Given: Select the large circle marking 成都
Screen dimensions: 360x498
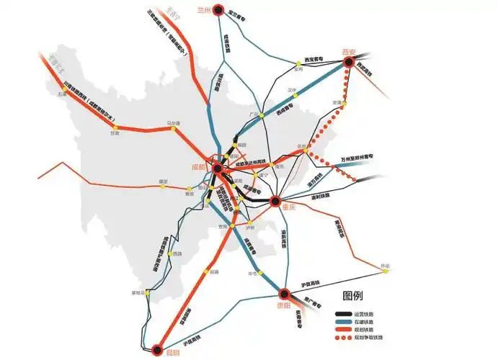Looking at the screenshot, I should pyautogui.click(x=216, y=168).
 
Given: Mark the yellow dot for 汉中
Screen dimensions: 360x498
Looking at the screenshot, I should pyautogui.click(x=292, y=96).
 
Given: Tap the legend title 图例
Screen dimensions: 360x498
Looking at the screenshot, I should pyautogui.click(x=353, y=296).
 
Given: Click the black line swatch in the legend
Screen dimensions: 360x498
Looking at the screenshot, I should pyautogui.click(x=343, y=314).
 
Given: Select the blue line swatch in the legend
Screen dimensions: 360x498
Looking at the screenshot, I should pyautogui.click(x=343, y=321).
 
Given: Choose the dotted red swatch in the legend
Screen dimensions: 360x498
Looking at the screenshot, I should pyautogui.click(x=343, y=337).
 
